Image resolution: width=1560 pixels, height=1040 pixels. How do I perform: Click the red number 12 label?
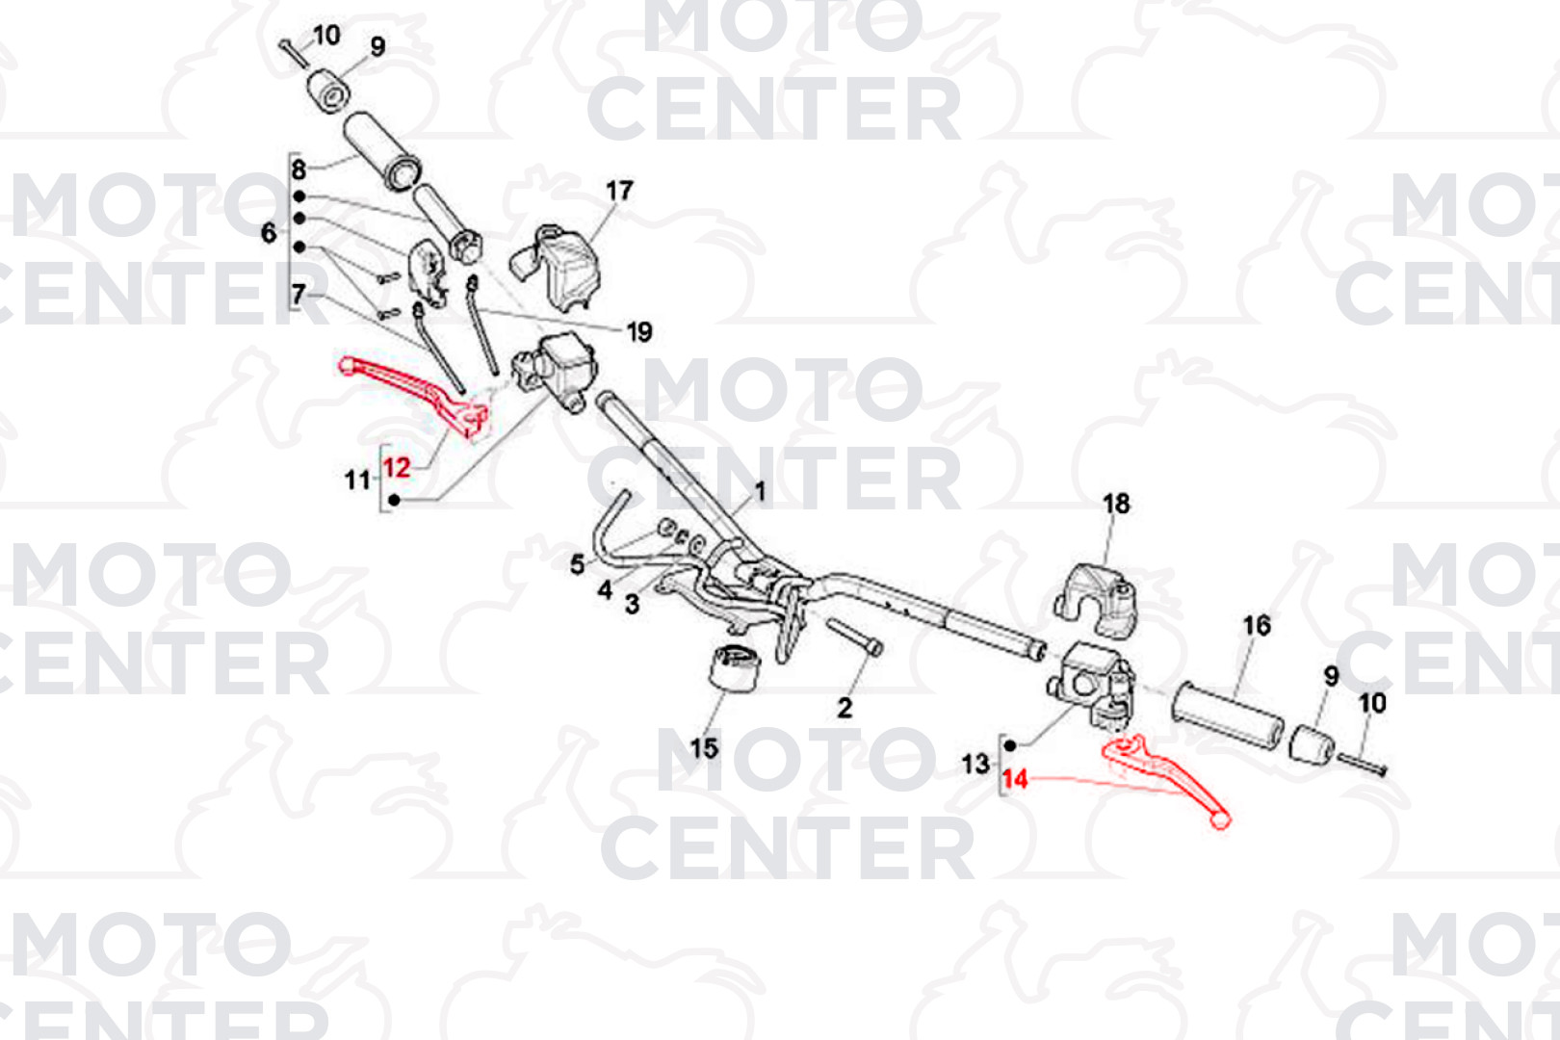click(x=397, y=467)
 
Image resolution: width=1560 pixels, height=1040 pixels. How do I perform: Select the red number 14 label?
click(x=1015, y=779)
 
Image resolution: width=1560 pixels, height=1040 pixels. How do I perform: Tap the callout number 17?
click(x=619, y=191)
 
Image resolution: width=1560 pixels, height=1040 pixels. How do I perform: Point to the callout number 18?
click(x=1116, y=504)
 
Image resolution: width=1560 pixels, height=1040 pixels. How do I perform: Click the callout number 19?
click(x=639, y=332)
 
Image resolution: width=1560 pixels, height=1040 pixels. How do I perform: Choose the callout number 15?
click(x=703, y=749)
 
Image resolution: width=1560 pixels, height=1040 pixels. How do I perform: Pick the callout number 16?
click(x=1257, y=626)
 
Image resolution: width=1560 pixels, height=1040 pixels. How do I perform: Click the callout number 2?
click(x=845, y=709)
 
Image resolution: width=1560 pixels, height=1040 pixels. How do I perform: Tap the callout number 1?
click(x=760, y=491)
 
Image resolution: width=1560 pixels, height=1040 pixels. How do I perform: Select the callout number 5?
click(x=578, y=564)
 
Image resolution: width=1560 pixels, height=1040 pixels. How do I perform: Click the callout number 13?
click(x=975, y=765)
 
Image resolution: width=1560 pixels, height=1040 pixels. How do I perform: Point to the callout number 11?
click(x=357, y=480)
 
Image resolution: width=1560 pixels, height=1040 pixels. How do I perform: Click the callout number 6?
click(x=269, y=233)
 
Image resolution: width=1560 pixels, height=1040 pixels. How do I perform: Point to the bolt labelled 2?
click(x=854, y=637)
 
